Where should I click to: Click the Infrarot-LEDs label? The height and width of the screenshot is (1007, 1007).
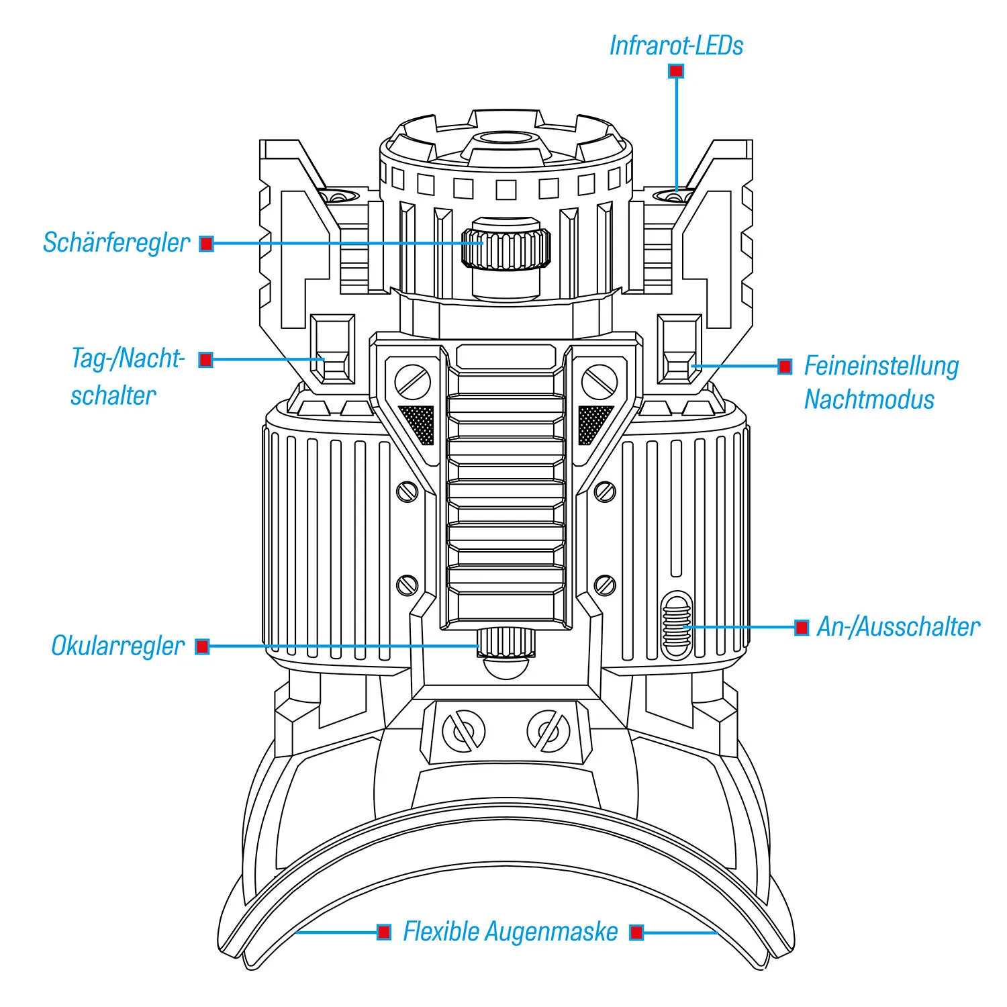click(x=676, y=46)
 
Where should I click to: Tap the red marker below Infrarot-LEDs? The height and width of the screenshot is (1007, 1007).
click(x=676, y=70)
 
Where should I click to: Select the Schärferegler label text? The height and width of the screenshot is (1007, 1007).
click(x=116, y=242)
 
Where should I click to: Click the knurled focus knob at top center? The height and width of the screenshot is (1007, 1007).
click(x=506, y=247)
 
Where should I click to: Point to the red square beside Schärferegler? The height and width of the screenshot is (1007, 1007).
click(x=207, y=244)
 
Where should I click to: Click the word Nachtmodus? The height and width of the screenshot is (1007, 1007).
click(x=869, y=399)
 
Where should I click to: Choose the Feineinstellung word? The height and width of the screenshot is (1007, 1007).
click(x=881, y=366)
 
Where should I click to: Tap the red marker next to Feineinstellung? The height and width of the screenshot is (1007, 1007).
click(x=784, y=367)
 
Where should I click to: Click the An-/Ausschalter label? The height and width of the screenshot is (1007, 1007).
click(x=898, y=627)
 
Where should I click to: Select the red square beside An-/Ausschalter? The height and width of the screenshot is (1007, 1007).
click(x=802, y=628)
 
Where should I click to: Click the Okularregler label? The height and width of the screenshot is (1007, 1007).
click(x=117, y=646)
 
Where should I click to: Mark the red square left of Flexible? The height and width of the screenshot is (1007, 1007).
click(x=384, y=932)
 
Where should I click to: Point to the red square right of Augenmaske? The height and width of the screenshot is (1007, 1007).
click(x=636, y=932)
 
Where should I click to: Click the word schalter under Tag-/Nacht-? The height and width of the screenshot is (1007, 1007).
click(x=113, y=395)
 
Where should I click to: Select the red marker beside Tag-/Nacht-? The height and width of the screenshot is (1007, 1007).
click(x=206, y=360)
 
